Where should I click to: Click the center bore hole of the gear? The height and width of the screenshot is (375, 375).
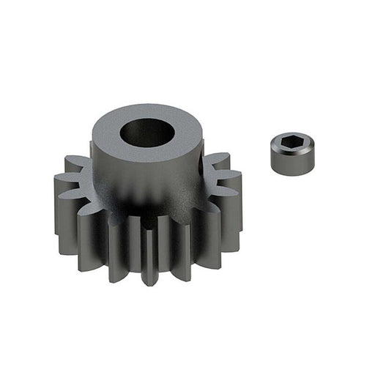pyautogui.click(x=148, y=133)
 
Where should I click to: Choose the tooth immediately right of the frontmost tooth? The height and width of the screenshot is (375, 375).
pyautogui.click(x=179, y=245)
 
